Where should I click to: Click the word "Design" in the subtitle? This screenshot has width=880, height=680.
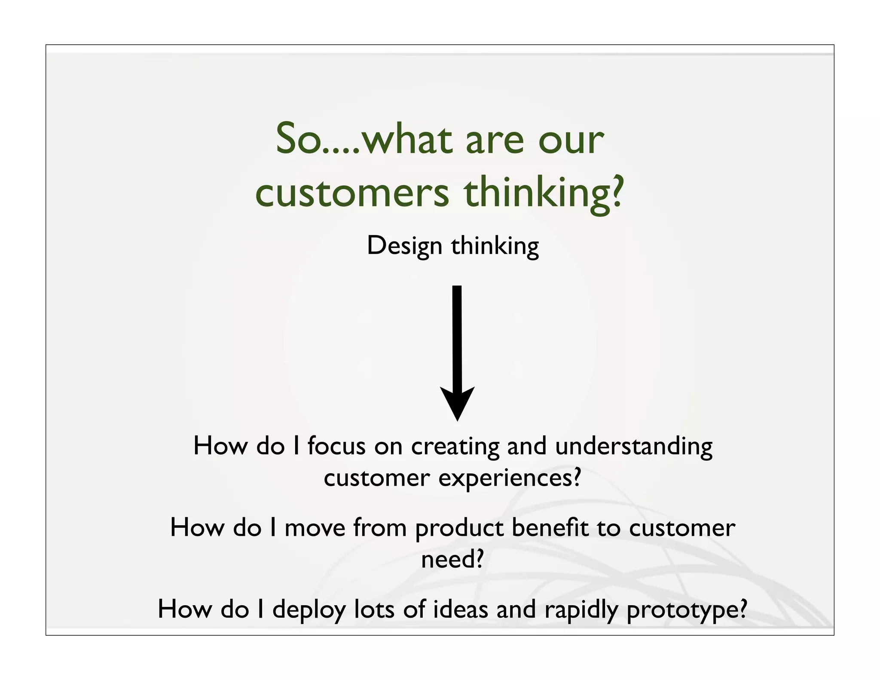coord(404,247)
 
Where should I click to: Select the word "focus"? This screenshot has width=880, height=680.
coord(336,446)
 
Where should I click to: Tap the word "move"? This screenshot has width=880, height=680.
coord(315,528)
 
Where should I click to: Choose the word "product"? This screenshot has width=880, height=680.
coord(459,529)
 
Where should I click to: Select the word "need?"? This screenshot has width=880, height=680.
coord(452,560)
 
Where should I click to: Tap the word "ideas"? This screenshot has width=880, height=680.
coord(460,609)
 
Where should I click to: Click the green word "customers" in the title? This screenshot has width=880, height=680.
coord(352,193)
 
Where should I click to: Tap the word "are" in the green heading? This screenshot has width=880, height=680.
coord(495,140)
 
